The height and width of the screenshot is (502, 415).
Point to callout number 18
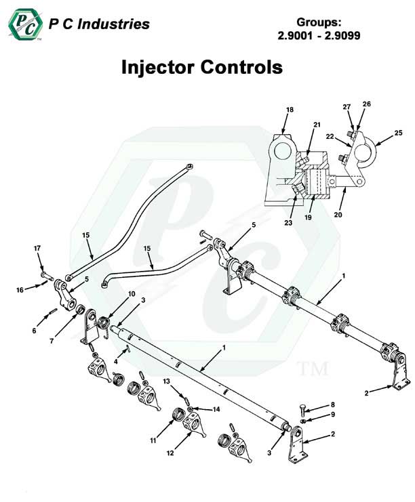click(x=290, y=109)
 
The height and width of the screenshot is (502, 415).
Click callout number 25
click(x=399, y=132)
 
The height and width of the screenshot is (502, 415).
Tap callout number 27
click(x=347, y=106)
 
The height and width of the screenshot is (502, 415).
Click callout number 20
click(x=338, y=215)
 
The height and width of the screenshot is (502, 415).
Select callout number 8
click(x=313, y=404)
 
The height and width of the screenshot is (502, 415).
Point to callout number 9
click(x=313, y=415)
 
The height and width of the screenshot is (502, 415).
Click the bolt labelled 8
click(x=300, y=411)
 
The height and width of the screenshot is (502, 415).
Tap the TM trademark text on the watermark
click(x=313, y=369)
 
